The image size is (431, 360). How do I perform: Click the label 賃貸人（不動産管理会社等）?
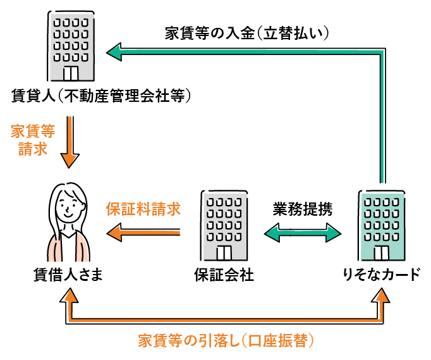[x=101, y=96]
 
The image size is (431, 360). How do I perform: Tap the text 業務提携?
[x=302, y=208]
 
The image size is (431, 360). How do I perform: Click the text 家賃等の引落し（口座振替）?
[x=226, y=340]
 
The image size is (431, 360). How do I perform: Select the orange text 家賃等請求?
[x=33, y=140]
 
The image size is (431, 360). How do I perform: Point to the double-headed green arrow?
[x=302, y=235]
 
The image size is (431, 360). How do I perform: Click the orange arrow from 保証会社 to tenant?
[x=143, y=235]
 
